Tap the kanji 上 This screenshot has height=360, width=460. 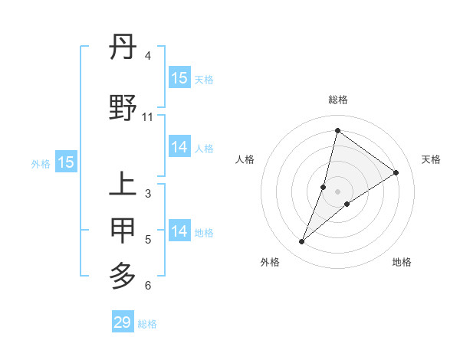(123, 185)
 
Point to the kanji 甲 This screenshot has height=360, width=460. (123, 230)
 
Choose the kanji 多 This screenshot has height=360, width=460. (123, 274)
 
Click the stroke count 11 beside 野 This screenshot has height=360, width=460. (148, 117)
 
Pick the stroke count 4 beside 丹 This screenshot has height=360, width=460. (148, 56)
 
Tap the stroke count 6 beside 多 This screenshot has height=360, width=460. (148, 286)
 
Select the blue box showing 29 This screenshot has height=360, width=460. (123, 322)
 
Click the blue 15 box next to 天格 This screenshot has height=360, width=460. (179, 77)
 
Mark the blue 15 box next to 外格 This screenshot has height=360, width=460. (66, 162)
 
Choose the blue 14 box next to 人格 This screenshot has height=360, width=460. (179, 147)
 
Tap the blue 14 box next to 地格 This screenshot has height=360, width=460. (179, 231)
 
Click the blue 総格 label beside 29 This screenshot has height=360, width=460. (147, 324)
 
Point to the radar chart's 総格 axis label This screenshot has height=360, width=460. (338, 100)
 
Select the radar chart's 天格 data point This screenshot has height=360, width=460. (396, 172)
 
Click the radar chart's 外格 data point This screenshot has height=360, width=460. (301, 242)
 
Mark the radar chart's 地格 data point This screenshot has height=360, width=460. (347, 203)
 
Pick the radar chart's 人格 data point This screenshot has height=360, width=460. (324, 187)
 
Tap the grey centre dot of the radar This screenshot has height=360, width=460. (338, 191)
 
